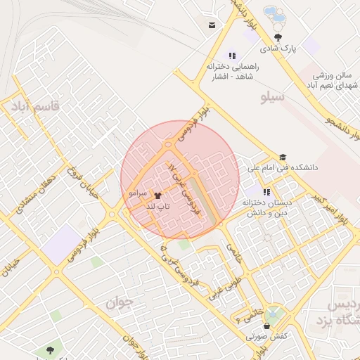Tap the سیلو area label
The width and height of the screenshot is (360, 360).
tap(272, 97)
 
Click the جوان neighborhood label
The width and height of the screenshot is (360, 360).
tap(120, 302)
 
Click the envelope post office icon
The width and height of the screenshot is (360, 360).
tap(212, 26)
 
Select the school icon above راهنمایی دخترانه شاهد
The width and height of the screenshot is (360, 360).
tap(232, 56)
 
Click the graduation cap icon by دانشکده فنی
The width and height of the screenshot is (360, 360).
tap(283, 157)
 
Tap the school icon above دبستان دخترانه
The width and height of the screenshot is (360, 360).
tap(266, 191)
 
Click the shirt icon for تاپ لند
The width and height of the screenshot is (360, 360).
tap(156, 196)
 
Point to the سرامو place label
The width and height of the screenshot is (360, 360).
tap(137, 192)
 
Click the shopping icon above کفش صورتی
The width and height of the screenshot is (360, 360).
tap(266, 326)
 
